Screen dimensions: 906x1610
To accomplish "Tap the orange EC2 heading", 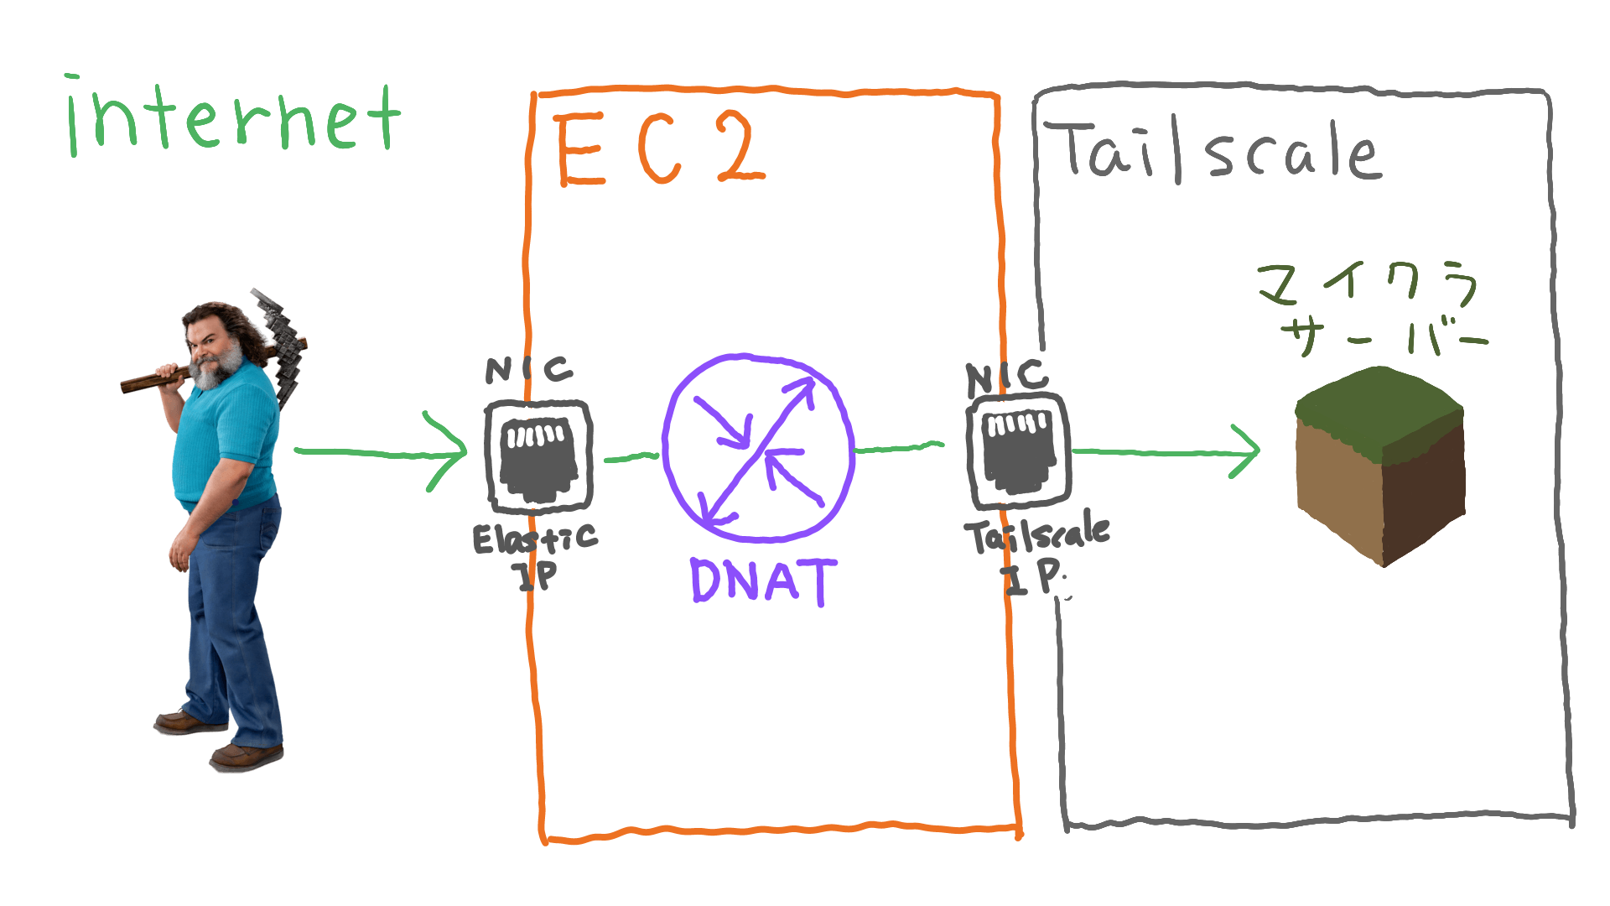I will pyautogui.click(x=659, y=149).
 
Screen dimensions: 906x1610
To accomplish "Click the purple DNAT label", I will pyautogui.click(x=763, y=581).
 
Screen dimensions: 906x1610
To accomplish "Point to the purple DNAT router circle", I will pyautogui.click(x=759, y=448).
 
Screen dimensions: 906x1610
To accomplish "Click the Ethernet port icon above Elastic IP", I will pyautogui.click(x=539, y=457).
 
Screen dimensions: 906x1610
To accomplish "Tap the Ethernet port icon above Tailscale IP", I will pyautogui.click(x=1018, y=453).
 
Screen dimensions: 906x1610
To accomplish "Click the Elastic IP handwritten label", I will pyautogui.click(x=536, y=554).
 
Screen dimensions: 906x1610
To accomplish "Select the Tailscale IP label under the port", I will pyautogui.click(x=1037, y=554).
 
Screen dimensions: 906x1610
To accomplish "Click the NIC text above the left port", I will pyautogui.click(x=529, y=369).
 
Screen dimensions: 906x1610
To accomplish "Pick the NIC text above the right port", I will pyautogui.click(x=1007, y=377).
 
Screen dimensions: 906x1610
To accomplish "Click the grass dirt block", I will pyautogui.click(x=1380, y=466).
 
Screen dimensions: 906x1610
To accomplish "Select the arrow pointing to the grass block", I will pyautogui.click(x=1166, y=452).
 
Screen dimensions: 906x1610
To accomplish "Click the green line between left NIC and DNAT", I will pyautogui.click(x=631, y=457).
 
